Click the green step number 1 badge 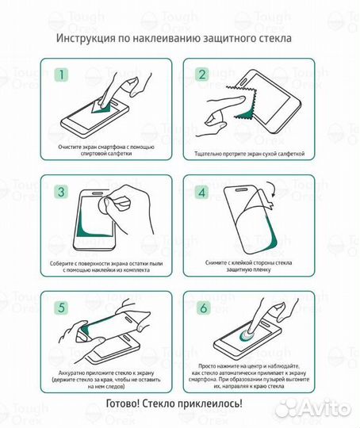click(x=61, y=77)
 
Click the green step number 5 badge click(x=61, y=307)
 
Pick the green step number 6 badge click(x=201, y=307)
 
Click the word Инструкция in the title click(x=87, y=38)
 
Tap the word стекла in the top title click(x=272, y=38)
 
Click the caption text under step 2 click(x=250, y=154)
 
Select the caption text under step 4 click(x=250, y=267)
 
